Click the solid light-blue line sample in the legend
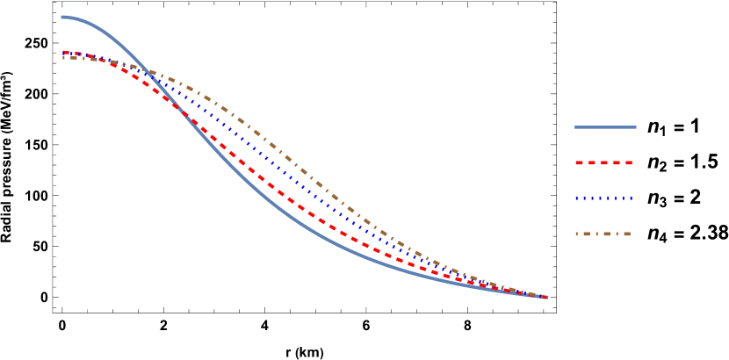(605, 127)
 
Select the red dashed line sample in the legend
(604, 163)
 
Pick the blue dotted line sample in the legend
(604, 198)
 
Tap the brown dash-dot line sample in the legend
(604, 234)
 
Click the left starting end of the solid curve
(62, 17)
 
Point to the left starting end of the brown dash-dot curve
(64, 57)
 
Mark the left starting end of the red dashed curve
(64, 52)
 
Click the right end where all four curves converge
(545, 297)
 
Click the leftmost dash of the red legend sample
(580, 163)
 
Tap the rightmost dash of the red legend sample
(628, 163)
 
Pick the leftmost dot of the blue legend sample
(577, 198)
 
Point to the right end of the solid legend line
(635, 127)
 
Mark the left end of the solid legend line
(576, 127)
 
